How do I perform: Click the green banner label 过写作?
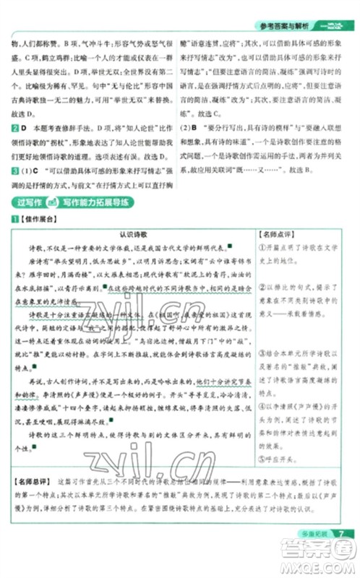point(33,203)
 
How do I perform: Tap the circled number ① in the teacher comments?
point(262,247)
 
